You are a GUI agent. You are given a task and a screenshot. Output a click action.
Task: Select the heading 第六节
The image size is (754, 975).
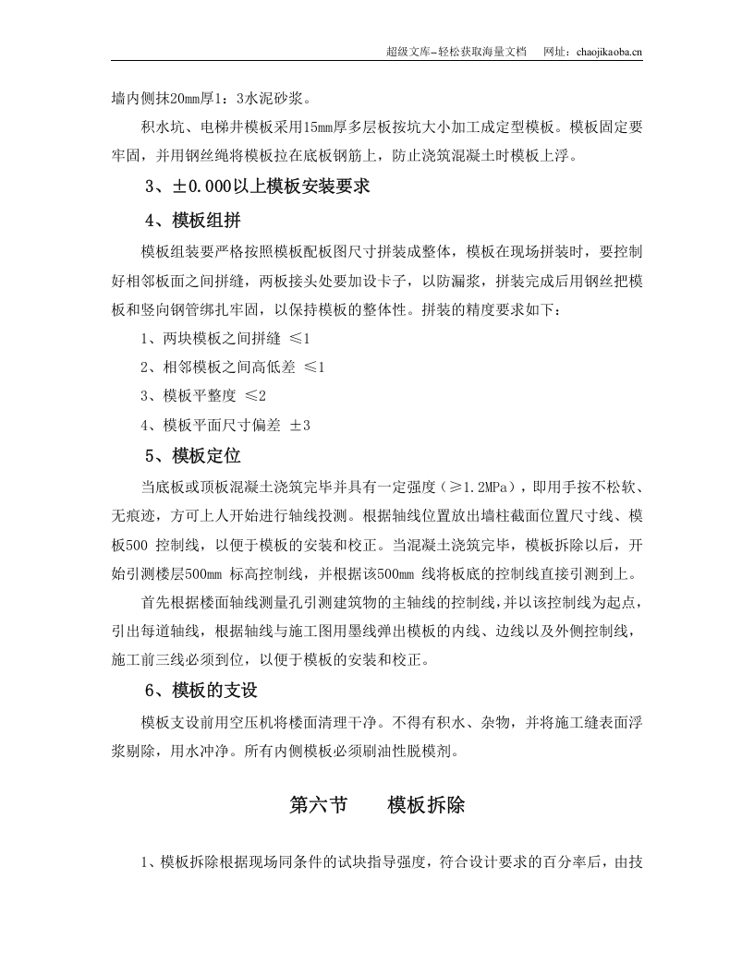[319, 805]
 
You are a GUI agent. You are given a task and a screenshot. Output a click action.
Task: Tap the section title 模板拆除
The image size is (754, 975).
[427, 805]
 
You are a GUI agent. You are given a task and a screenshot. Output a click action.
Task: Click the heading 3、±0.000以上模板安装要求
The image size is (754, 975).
[258, 187]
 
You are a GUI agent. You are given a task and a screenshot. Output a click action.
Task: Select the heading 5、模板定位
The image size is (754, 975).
[193, 455]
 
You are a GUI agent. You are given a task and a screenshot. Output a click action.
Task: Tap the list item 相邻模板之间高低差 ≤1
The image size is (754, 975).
[232, 367]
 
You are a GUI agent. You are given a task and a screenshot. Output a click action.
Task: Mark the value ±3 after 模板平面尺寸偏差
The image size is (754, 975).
[300, 426]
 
